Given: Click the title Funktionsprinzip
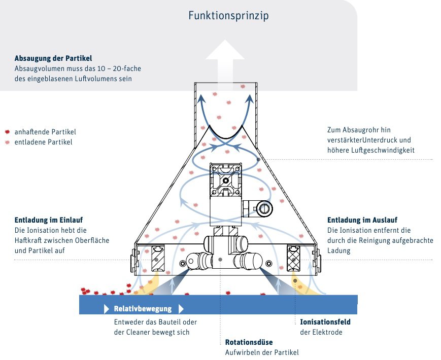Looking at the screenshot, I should (228, 16).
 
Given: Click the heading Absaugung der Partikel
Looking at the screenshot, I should (53, 58).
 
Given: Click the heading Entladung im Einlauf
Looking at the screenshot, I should (48, 220).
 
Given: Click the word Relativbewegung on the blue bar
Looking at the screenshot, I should (143, 309).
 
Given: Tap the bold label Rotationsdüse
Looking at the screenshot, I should (248, 342).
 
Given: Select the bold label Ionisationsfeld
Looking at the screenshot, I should (325, 322).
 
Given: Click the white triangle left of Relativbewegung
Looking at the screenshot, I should (107, 309).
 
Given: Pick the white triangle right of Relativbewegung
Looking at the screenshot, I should (181, 309).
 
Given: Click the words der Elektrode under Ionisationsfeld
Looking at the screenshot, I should (321, 333).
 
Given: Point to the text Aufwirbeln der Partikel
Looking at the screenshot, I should (262, 352).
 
